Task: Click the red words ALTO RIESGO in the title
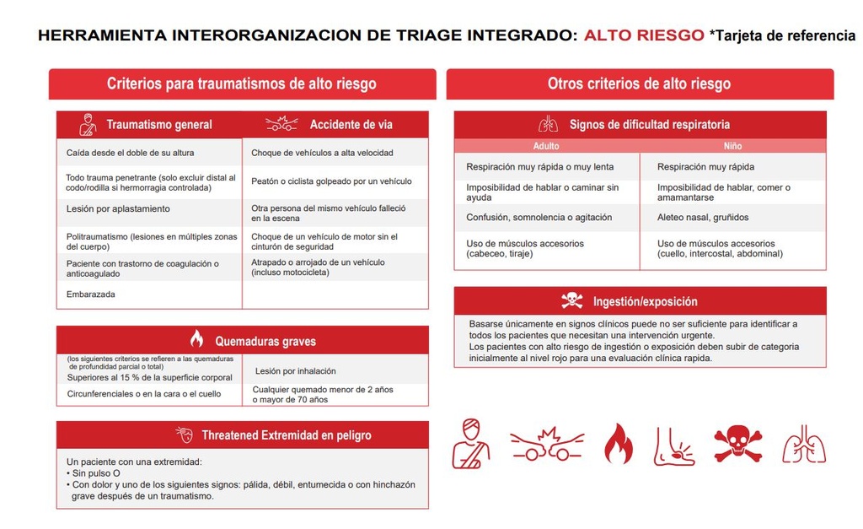click(x=644, y=35)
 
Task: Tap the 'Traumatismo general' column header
click(x=158, y=125)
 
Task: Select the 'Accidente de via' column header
click(x=351, y=125)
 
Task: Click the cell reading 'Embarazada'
click(x=91, y=294)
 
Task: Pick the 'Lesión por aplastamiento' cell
click(x=118, y=208)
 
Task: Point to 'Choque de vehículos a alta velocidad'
click(x=322, y=153)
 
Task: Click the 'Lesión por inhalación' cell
click(x=295, y=370)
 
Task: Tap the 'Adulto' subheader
click(x=546, y=146)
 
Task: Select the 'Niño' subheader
click(x=732, y=146)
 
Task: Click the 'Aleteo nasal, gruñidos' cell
click(x=703, y=217)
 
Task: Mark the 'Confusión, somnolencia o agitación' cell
click(x=539, y=217)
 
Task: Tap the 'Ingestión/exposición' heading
click(x=646, y=301)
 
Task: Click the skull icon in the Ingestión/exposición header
click(x=572, y=300)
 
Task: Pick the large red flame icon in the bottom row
click(x=618, y=443)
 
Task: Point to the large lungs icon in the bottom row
click(x=803, y=444)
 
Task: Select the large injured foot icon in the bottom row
click(x=674, y=445)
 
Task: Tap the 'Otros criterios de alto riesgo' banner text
click(x=639, y=84)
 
